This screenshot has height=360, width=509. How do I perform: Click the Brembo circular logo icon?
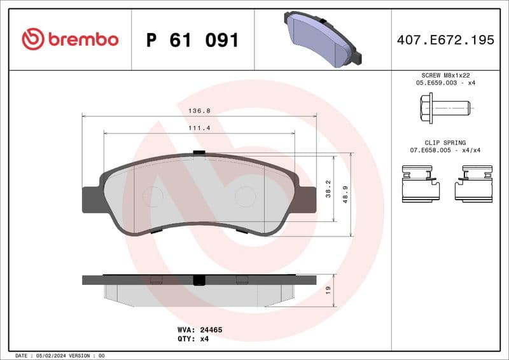[32, 39]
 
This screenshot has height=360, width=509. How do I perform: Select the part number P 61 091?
[192, 40]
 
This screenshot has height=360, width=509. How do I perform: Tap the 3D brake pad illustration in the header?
[323, 40]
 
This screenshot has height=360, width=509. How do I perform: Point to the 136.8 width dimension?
[199, 110]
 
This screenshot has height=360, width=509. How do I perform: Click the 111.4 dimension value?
[199, 127]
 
